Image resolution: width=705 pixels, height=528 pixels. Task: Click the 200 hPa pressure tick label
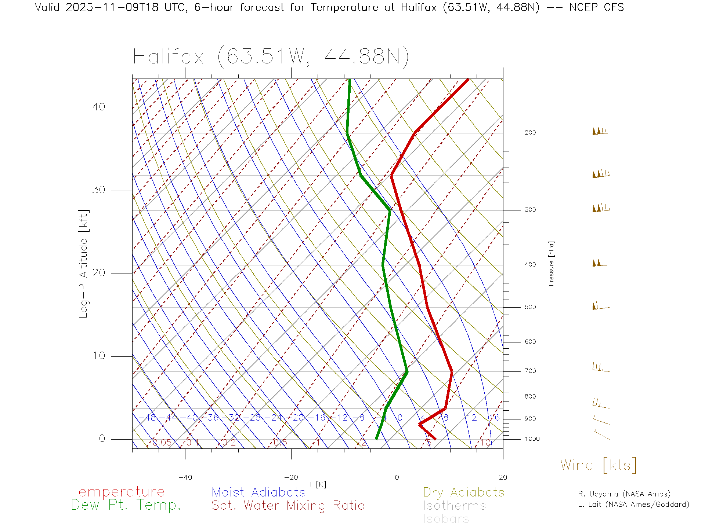(530, 132)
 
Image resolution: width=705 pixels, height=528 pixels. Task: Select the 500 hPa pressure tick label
(530, 307)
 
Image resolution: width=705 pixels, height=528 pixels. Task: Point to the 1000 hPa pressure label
(532, 439)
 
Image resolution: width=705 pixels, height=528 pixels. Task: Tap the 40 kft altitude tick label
(98, 107)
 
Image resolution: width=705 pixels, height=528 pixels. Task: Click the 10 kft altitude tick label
(98, 356)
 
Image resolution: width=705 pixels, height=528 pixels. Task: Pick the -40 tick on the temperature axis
(185, 477)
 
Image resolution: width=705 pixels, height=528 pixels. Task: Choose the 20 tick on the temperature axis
(503, 477)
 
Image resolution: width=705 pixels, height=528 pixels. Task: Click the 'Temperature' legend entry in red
(117, 491)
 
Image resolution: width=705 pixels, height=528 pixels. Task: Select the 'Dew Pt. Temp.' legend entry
(126, 505)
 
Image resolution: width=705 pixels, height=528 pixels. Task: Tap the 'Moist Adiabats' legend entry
(258, 492)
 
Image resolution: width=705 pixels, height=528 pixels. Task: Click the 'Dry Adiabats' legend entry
(463, 492)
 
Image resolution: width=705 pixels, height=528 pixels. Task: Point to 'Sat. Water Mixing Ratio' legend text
(288, 506)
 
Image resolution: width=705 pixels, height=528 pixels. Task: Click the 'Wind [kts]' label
(598, 465)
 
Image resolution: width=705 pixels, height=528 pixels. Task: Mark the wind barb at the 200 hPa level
(600, 131)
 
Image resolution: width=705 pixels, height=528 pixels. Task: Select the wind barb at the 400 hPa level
(600, 263)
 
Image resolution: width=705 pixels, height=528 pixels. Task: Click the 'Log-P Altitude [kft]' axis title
(84, 264)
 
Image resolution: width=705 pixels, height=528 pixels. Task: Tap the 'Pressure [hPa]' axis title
(551, 264)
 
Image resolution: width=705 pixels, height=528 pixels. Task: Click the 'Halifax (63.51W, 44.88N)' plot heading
(271, 57)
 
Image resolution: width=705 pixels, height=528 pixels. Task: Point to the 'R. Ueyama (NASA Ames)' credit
(624, 494)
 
